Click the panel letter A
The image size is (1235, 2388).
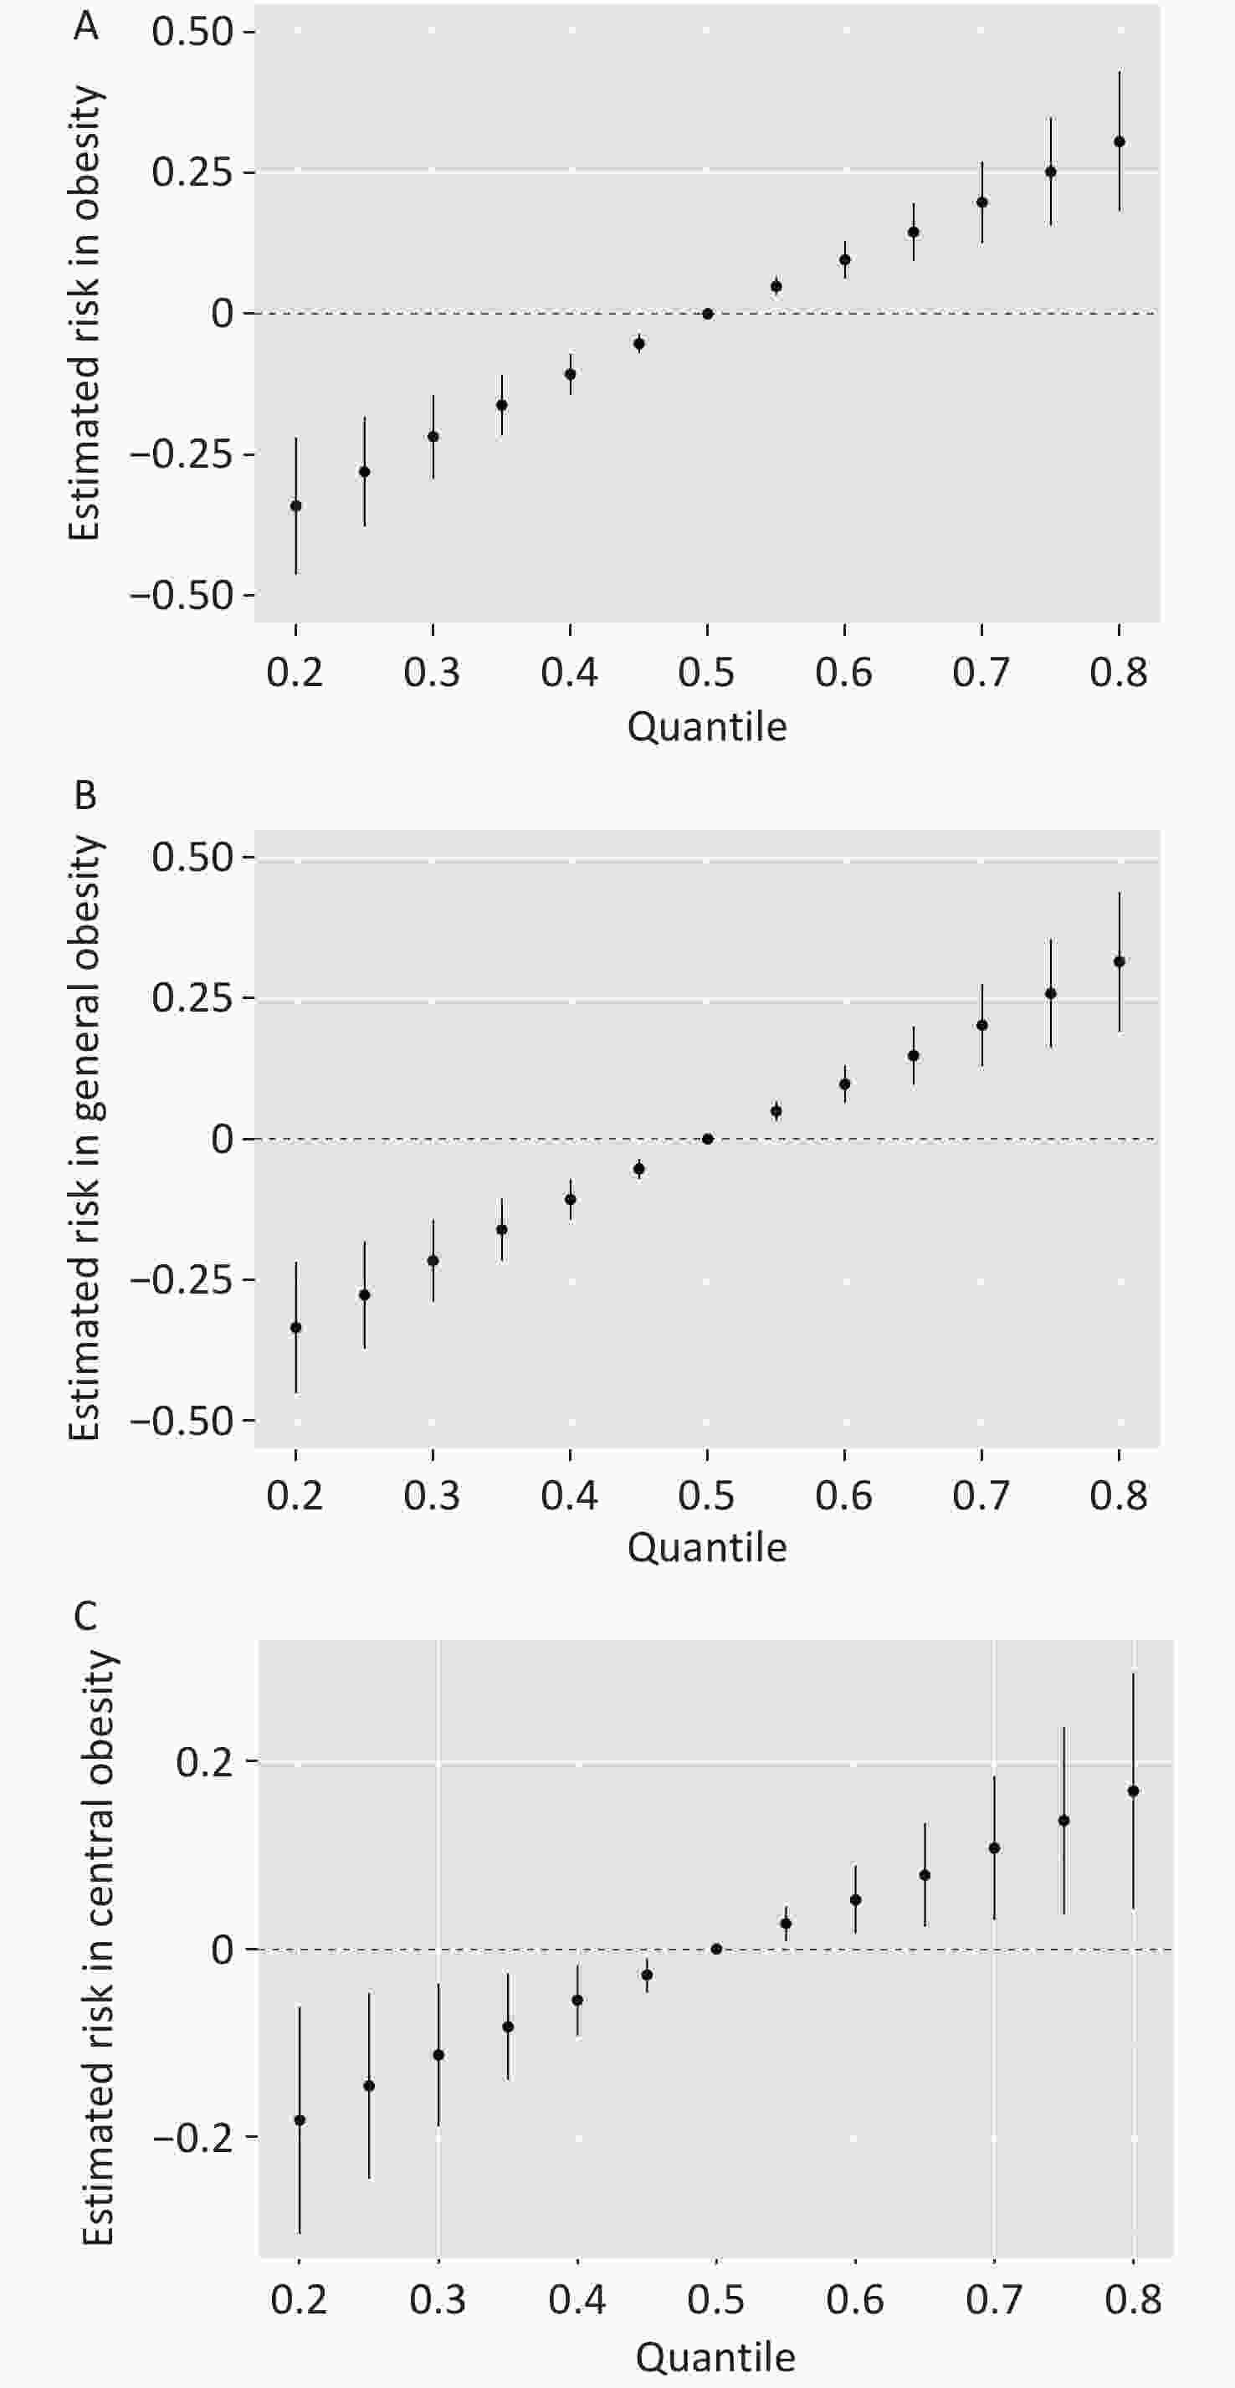point(85,26)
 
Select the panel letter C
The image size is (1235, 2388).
point(85,1616)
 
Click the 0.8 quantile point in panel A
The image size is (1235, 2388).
point(1119,142)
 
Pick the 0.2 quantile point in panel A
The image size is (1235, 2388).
point(295,506)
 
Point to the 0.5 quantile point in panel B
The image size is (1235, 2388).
point(707,1139)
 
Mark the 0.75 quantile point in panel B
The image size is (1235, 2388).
point(1050,994)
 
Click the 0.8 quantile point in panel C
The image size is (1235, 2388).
point(1133,1791)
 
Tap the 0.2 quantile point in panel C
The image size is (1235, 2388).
point(300,2120)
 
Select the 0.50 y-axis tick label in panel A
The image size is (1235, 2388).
point(192,32)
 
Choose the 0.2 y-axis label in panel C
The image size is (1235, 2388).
point(204,1761)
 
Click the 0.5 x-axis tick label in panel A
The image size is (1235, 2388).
point(706,672)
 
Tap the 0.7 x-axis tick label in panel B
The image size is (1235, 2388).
point(981,1495)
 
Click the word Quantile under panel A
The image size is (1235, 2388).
point(706,726)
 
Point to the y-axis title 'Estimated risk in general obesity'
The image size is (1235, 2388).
point(85,1139)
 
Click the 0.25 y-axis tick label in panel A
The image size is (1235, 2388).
point(192,172)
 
